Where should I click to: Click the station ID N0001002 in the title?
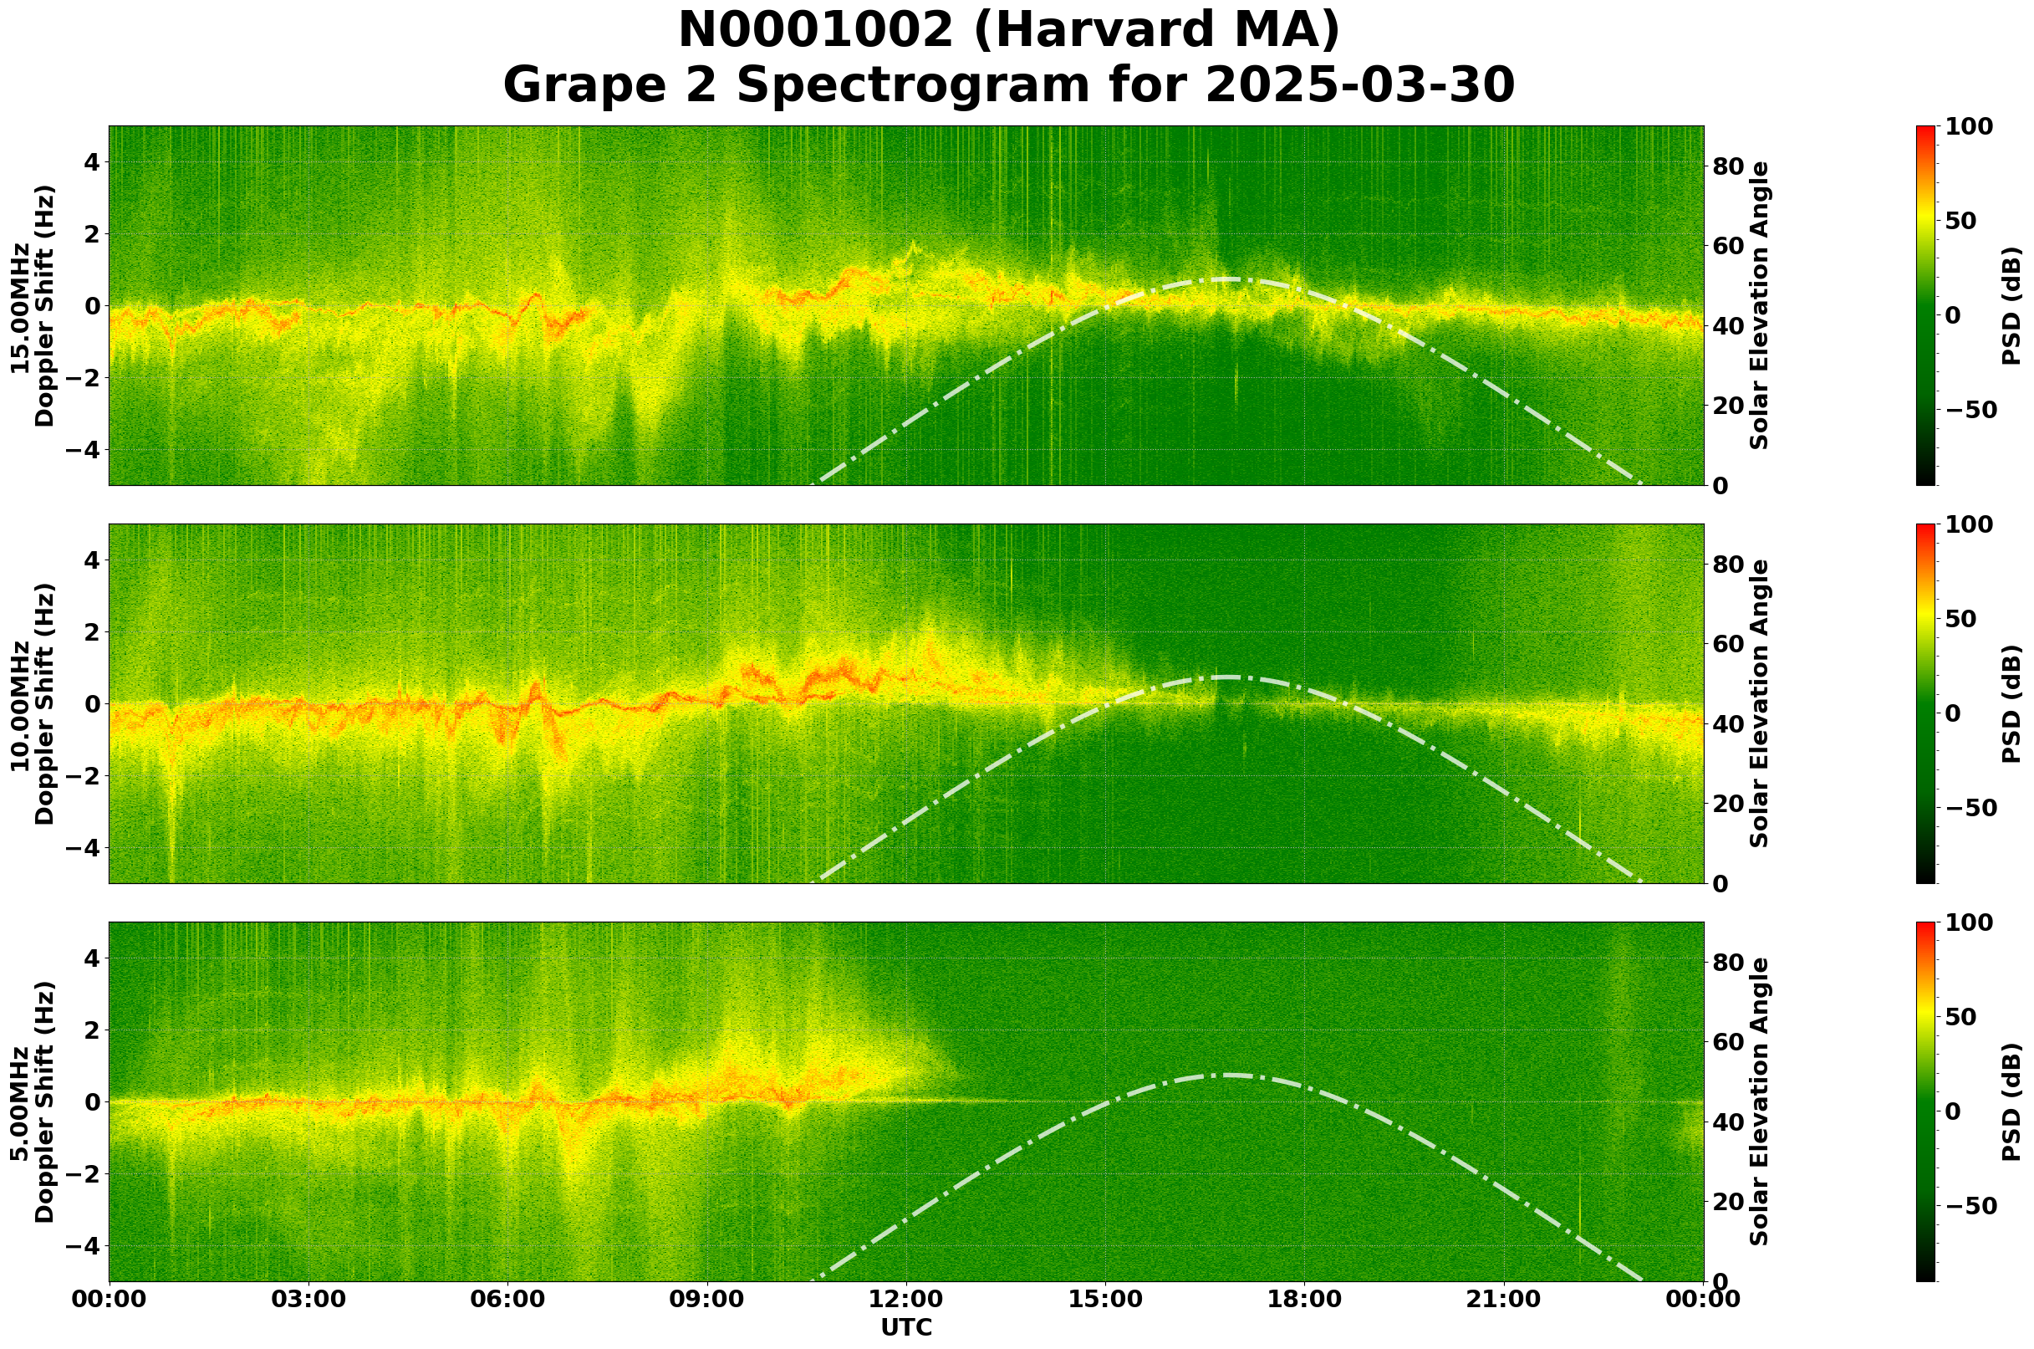click(815, 31)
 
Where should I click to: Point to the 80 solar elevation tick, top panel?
click(1727, 167)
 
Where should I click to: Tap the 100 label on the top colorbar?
click(1970, 127)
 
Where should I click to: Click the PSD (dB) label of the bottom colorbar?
click(2011, 1101)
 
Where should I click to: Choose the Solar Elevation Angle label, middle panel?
click(1760, 703)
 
